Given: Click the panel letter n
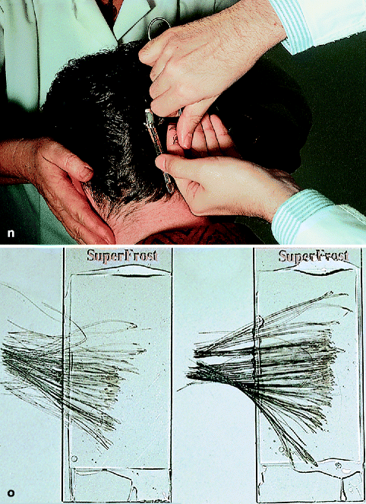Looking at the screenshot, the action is point(11,233).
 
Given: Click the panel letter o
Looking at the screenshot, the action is point(11,493).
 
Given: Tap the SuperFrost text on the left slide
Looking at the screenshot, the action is point(122,256).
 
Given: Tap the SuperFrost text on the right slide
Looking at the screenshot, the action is point(313,256).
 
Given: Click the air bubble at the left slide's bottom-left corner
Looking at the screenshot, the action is point(74,458).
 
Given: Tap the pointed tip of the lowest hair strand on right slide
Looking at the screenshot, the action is point(316,465).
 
